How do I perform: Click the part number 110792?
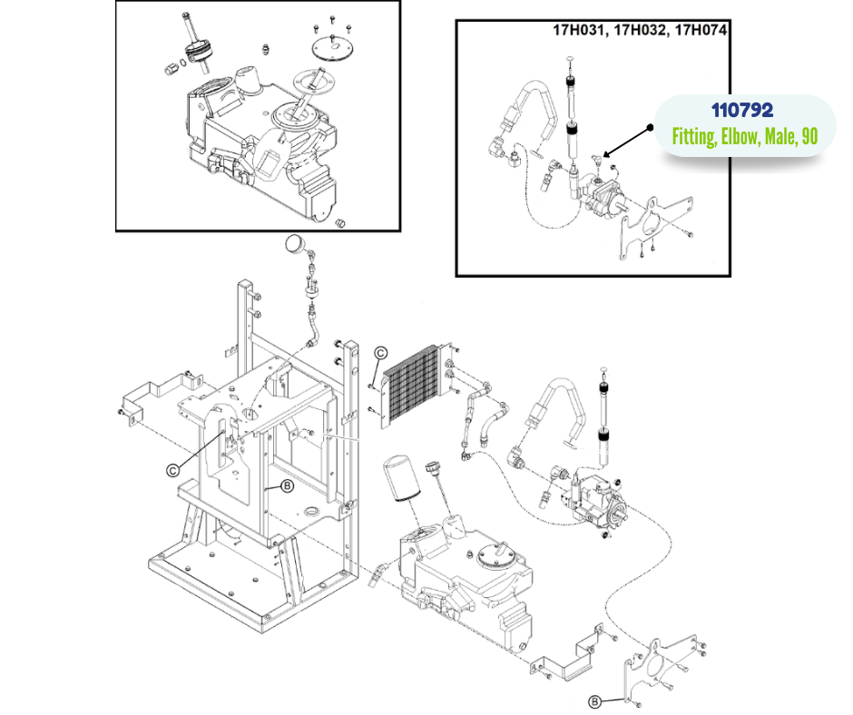(741, 112)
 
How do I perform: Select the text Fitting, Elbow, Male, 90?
(745, 138)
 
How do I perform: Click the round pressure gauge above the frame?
(295, 243)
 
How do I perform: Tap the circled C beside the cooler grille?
(381, 353)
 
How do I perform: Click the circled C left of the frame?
(172, 469)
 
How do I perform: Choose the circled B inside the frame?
(287, 486)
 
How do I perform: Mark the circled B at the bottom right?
(594, 700)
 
